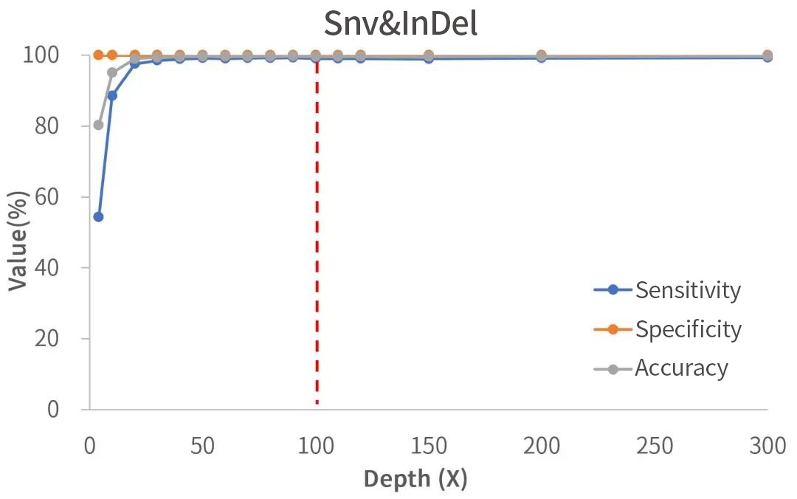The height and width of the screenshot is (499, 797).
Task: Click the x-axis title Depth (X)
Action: pos(415,478)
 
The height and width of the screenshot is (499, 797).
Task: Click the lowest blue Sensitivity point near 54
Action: pos(98,217)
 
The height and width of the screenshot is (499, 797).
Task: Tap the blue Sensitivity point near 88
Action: pos(112,96)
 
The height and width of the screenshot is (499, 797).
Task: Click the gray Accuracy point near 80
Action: pos(98,125)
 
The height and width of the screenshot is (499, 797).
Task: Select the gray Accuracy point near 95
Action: pos(112,72)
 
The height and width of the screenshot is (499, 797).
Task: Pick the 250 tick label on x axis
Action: pos(655,446)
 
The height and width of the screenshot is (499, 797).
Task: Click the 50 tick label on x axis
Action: pos(202,446)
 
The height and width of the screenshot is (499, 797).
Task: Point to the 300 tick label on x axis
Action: pos(767,446)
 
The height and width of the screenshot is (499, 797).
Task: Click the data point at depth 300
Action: pos(767,56)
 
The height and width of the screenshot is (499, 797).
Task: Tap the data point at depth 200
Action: pos(542,56)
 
